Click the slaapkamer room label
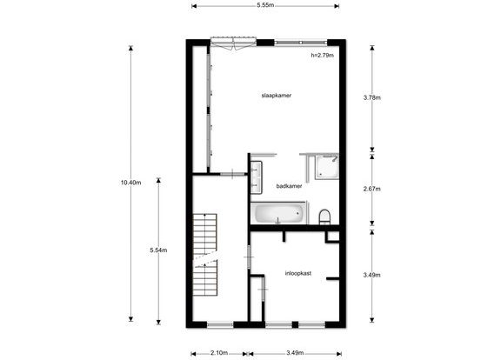coord(277,96)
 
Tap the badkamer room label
coord(289,186)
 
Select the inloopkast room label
coord(298,273)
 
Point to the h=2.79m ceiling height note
coord(323,56)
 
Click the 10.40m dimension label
coord(130,183)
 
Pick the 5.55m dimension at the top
coord(265,5)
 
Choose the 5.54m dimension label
coord(158,250)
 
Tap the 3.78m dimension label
coord(372,97)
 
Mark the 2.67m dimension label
coord(372,189)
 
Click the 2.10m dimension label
coord(219,353)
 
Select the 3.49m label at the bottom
coord(295,353)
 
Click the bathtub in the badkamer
coord(278,213)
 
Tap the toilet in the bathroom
coord(324,217)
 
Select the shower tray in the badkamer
coord(326,167)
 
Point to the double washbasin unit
coord(256,177)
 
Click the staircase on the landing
coord(204,255)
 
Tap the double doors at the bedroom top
coord(234,43)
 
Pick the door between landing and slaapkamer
coord(232,174)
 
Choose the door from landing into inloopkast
coord(249,257)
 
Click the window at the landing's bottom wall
coord(220,325)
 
